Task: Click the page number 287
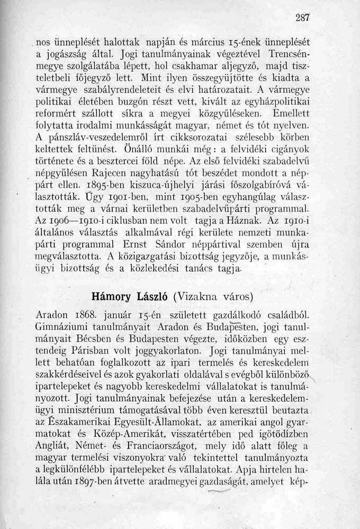(x=302, y=17)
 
